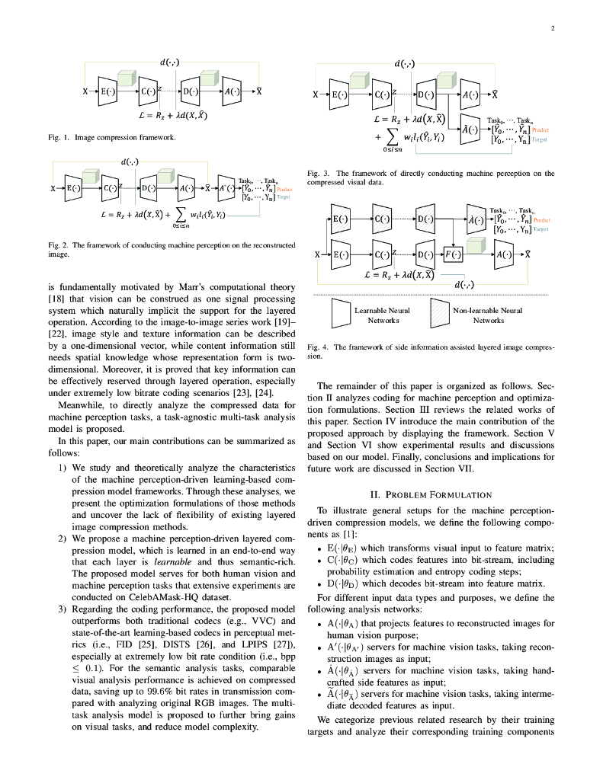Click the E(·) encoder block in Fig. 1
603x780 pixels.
[107, 91]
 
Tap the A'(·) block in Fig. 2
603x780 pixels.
[226, 187]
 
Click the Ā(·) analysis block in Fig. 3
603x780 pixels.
[473, 129]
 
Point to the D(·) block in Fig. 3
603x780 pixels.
[427, 95]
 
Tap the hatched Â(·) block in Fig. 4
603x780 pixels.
[473, 219]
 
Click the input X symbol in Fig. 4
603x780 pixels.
[317, 254]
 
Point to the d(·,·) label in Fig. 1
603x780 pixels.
[169, 62]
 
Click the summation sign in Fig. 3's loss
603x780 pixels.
[393, 137]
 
